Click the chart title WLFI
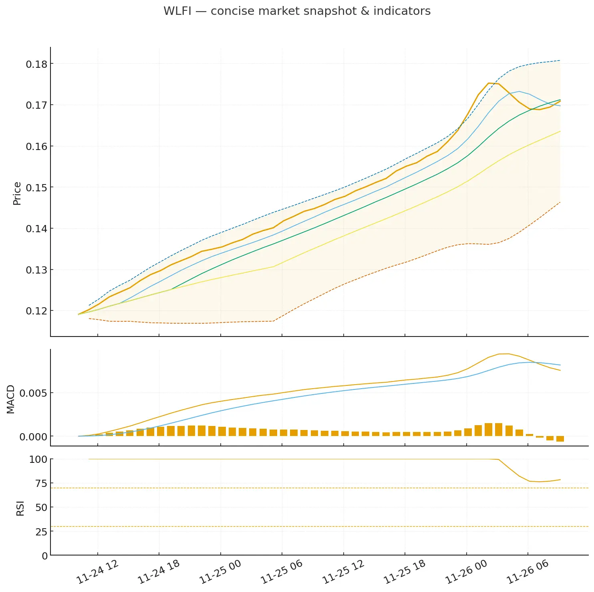(x=297, y=11)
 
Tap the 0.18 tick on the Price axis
(x=36, y=64)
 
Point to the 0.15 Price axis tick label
(x=36, y=188)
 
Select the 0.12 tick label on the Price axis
(x=36, y=311)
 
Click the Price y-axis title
(x=17, y=194)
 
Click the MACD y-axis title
(x=11, y=399)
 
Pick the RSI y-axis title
(x=20, y=508)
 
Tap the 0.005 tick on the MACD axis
(x=33, y=393)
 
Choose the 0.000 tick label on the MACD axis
(x=33, y=437)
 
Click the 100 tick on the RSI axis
(x=38, y=459)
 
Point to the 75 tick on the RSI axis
(x=41, y=484)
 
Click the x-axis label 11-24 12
(x=98, y=572)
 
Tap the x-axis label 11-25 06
(x=282, y=572)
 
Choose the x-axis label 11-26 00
(x=466, y=572)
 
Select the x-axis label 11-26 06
(x=528, y=572)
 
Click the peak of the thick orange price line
(x=489, y=83)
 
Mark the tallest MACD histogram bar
(x=488, y=430)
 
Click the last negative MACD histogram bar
(x=560, y=439)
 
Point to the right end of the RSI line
(x=560, y=480)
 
